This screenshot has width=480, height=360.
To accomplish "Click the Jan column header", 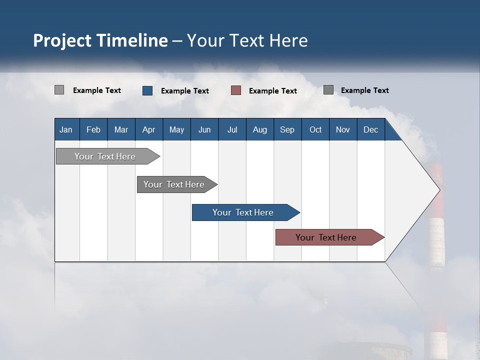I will tap(66, 129).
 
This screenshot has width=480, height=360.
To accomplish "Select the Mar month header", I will tap(121, 129).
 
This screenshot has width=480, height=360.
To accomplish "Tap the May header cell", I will tap(176, 129).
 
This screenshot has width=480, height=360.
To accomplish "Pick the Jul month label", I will tap(232, 129).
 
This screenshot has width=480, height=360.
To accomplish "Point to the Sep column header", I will tap(287, 129).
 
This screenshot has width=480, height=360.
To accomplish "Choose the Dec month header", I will tap(370, 129).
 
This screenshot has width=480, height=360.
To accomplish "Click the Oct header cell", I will tap(315, 129).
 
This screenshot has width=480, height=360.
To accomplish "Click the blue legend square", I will tap(147, 90).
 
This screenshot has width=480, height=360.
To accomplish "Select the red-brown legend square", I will tap(236, 90).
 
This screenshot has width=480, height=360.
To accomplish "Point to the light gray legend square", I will tap(59, 90).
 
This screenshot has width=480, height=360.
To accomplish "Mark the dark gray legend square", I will tap(328, 90).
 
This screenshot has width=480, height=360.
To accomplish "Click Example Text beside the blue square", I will tap(184, 91).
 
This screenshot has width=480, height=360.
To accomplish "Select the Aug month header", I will tap(259, 129).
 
